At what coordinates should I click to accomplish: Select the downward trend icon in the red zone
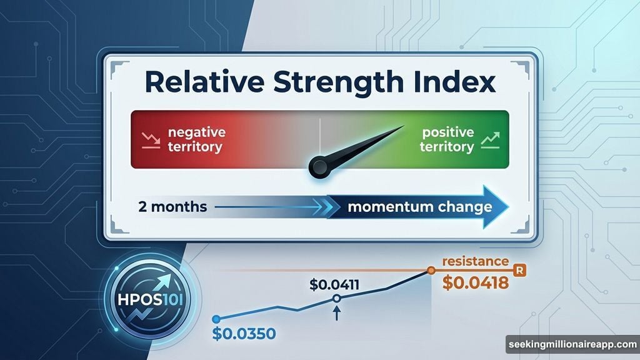click(x=150, y=139)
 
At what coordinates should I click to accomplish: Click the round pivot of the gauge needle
click(x=319, y=167)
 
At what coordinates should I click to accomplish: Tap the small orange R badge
click(x=517, y=270)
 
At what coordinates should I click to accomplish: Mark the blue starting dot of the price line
click(x=217, y=319)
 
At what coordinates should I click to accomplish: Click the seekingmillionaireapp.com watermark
click(x=571, y=344)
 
